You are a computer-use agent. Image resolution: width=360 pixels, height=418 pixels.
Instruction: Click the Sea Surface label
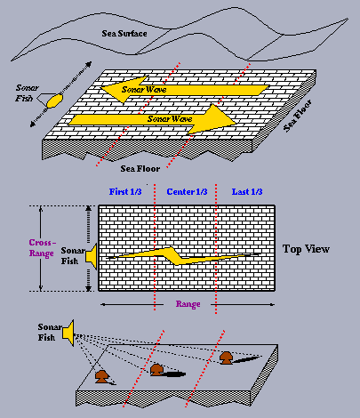(x=124, y=34)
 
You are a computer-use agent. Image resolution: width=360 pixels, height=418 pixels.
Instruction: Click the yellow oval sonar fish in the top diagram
(x=54, y=100)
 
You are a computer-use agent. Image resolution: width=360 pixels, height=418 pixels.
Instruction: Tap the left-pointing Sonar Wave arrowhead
(x=124, y=89)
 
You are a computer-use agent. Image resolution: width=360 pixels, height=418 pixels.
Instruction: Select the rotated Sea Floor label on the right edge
(x=298, y=116)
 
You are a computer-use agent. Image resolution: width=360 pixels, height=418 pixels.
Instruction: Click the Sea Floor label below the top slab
(x=140, y=169)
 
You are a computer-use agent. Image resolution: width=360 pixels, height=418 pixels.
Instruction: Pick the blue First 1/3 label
(x=125, y=192)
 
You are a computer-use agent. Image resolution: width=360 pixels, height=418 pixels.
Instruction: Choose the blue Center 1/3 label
(x=187, y=192)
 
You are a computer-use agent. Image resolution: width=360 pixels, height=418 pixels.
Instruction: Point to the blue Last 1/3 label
(x=247, y=192)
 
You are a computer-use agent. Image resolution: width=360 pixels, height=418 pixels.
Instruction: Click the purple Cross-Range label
(x=42, y=248)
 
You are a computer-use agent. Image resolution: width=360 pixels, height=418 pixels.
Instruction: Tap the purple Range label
(x=188, y=304)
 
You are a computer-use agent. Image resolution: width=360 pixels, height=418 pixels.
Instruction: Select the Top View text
(x=306, y=249)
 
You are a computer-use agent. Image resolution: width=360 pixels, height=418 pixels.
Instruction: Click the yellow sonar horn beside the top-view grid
(x=92, y=256)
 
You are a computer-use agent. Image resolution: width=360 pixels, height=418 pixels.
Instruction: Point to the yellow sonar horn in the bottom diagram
(x=68, y=333)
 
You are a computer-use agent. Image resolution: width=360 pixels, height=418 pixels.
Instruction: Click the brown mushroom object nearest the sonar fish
(x=102, y=376)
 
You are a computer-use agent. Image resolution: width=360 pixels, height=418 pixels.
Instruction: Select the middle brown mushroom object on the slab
(x=156, y=370)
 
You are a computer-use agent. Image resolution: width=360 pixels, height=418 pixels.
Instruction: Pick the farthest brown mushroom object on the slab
(x=227, y=358)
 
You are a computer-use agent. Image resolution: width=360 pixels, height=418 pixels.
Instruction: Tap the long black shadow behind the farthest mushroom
(x=246, y=359)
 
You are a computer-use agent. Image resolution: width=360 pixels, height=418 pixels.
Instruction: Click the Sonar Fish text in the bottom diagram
(x=50, y=333)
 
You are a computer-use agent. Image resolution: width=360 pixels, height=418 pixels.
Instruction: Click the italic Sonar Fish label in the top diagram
(x=28, y=92)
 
